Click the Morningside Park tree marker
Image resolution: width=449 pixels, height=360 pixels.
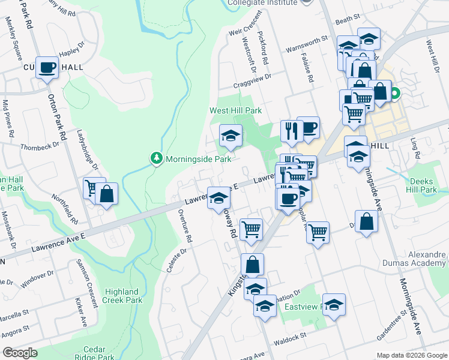coord(156,159)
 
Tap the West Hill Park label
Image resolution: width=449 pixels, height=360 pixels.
coord(235,111)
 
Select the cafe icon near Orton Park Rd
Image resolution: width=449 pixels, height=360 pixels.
coord(47,67)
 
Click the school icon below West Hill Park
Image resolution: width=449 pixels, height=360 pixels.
coord(230,136)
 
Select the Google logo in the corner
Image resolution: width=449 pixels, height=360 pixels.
coord(20,353)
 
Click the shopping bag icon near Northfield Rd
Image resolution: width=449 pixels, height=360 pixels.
coord(106,194)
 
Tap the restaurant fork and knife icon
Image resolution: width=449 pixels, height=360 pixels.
coord(292,131)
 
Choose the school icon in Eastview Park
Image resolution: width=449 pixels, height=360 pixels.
coord(334,305)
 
